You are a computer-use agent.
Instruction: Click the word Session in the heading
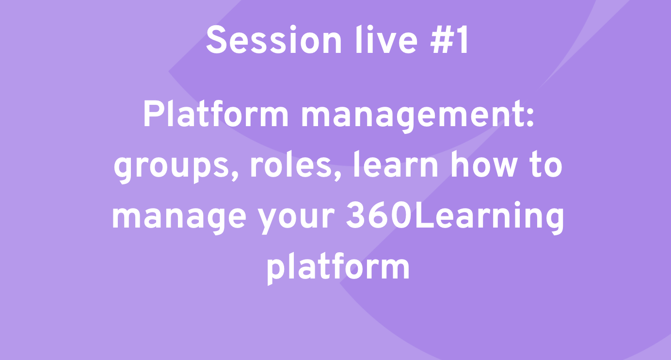(x=274, y=40)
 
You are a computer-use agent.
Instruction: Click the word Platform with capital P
(x=216, y=114)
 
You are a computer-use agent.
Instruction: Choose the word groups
(x=171, y=168)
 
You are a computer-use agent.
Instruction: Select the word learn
(x=396, y=165)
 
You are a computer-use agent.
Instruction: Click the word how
(x=484, y=165)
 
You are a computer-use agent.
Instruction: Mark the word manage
(x=179, y=218)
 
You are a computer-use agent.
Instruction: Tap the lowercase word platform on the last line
(x=338, y=268)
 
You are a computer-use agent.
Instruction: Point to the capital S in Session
(x=216, y=40)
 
